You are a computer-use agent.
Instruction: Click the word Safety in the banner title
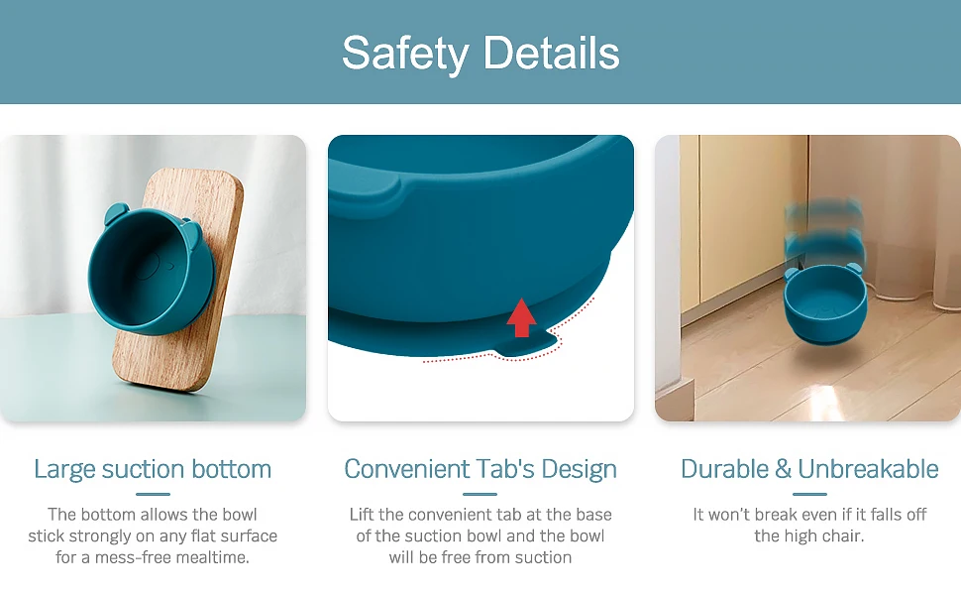click(405, 54)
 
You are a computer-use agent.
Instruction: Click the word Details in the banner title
click(552, 53)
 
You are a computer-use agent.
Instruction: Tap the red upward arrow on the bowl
click(521, 317)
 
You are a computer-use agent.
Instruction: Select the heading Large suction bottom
click(153, 469)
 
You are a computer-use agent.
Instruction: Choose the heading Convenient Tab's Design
click(480, 469)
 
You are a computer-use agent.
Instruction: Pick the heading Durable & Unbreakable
click(809, 469)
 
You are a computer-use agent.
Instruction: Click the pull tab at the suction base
click(526, 345)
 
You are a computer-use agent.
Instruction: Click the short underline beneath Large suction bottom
click(153, 494)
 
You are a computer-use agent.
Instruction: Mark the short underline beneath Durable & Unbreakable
click(809, 494)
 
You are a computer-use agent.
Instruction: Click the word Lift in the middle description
click(363, 514)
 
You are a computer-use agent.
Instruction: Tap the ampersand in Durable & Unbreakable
click(784, 469)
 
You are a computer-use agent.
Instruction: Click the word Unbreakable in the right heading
click(868, 469)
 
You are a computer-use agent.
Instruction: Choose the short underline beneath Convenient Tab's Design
click(480, 494)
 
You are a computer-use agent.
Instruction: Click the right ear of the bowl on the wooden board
click(191, 230)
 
